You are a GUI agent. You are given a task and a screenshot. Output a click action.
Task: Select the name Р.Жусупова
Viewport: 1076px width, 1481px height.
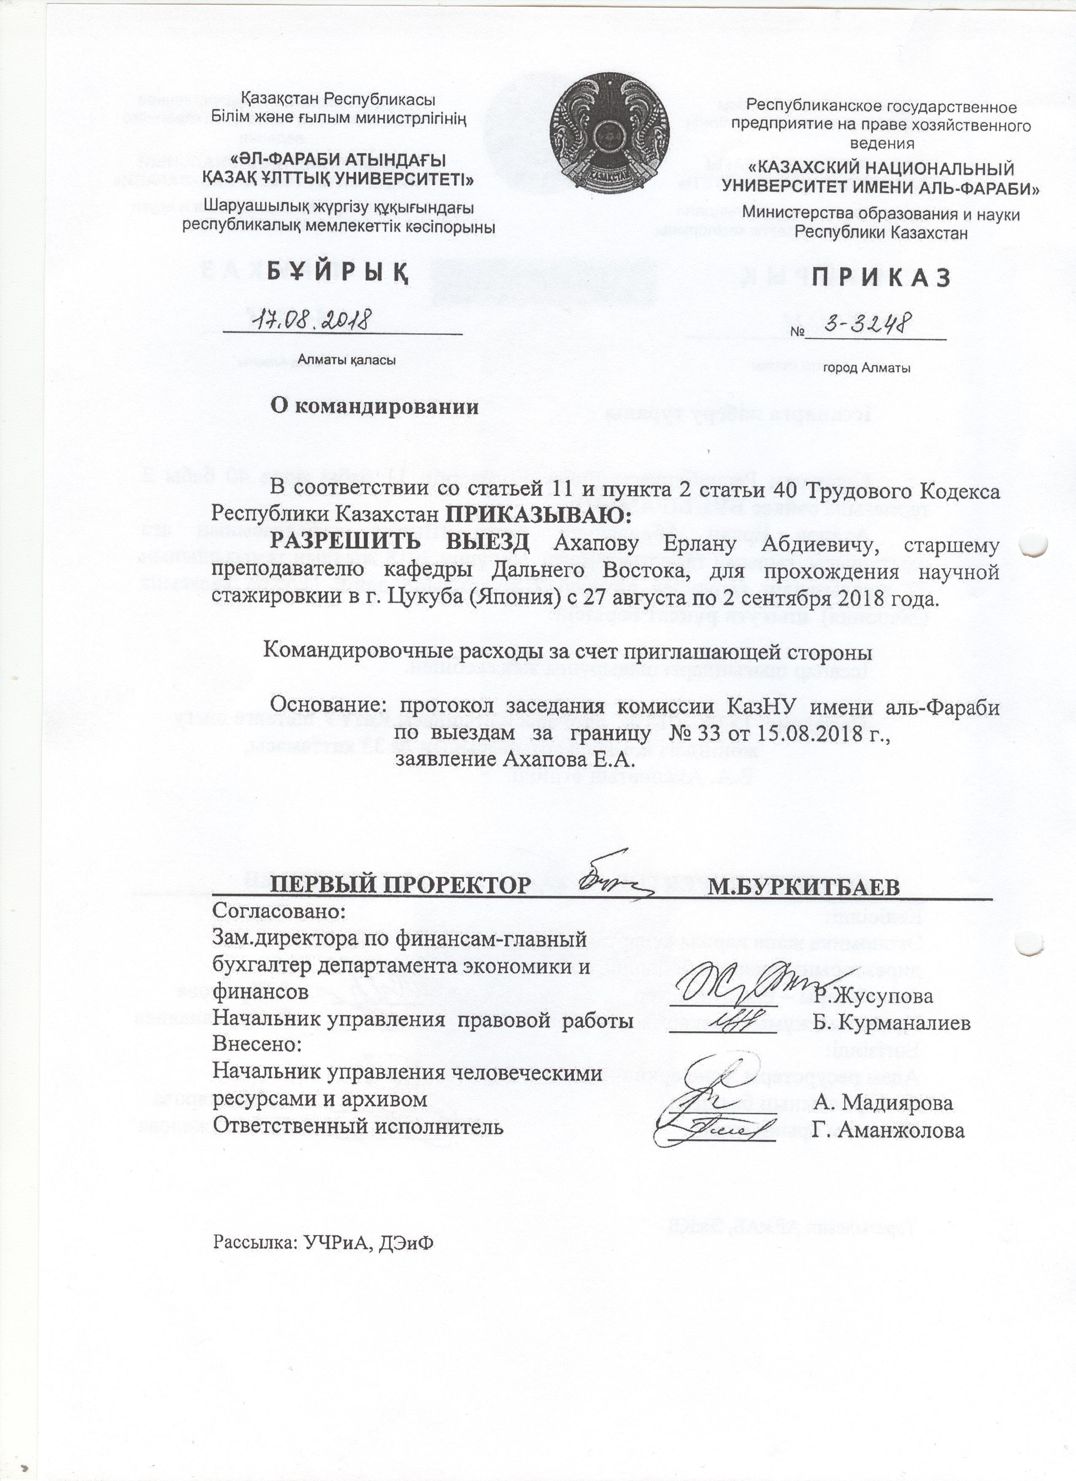click(x=873, y=995)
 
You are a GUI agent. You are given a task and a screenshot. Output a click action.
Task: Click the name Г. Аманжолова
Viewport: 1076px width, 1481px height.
click(x=889, y=1130)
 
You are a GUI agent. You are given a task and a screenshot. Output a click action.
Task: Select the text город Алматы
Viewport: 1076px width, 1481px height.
click(x=867, y=368)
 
